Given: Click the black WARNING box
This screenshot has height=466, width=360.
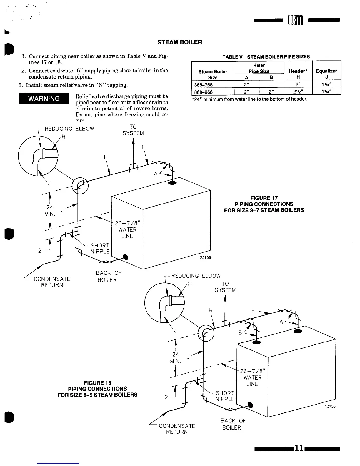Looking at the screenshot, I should [x=44, y=98].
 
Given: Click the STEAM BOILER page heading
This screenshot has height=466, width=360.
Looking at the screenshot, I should [x=180, y=42].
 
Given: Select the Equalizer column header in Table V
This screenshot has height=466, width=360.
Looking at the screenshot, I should [x=326, y=71].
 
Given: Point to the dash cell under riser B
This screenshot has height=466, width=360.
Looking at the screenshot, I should [x=271, y=85].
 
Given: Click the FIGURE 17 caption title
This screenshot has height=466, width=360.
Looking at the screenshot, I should [x=264, y=198].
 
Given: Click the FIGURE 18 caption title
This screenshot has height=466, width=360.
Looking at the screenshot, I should [x=97, y=383].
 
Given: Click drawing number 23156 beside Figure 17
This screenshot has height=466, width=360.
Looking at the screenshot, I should [x=205, y=258].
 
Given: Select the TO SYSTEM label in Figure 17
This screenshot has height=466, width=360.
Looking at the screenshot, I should [x=133, y=130].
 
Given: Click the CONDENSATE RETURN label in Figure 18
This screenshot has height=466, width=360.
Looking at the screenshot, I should [x=177, y=429].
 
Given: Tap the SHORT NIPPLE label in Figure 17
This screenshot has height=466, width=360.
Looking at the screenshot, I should [x=100, y=248].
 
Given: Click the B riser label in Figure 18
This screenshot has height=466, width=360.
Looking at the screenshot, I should [x=240, y=333].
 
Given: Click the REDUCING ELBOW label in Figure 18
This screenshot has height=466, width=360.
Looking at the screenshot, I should [x=196, y=276].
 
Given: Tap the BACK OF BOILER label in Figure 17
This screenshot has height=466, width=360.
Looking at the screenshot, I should [x=108, y=277].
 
